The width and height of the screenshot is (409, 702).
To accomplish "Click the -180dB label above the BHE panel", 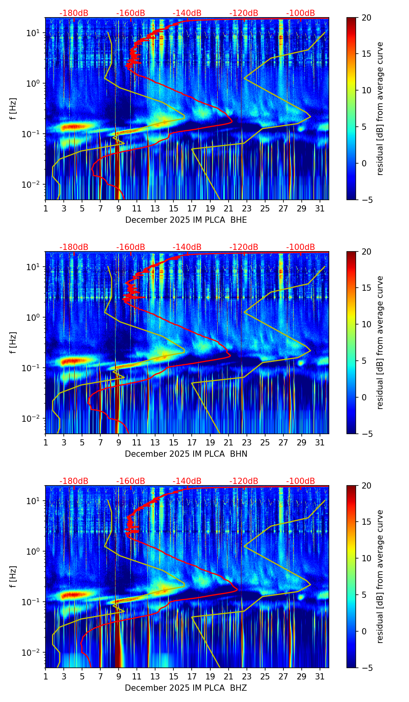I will (x=74, y=13).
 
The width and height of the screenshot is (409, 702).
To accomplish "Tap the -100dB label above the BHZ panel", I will (x=301, y=481).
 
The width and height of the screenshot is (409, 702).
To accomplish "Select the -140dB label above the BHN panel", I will (x=187, y=247).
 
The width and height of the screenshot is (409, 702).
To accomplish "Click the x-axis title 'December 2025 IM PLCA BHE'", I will (x=186, y=220).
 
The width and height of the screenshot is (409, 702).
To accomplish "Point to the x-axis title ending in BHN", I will (x=186, y=454).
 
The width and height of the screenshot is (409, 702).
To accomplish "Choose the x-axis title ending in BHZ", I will (x=186, y=688).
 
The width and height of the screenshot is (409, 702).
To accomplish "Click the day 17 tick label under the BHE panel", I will (x=192, y=208).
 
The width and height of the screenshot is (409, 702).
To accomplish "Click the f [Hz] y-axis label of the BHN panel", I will (x=13, y=342).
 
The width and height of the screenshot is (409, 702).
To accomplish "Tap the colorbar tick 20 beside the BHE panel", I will (x=366, y=17).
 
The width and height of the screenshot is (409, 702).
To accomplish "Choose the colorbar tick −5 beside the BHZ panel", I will (x=366, y=668).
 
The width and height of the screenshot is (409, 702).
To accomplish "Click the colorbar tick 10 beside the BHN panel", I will (x=366, y=324).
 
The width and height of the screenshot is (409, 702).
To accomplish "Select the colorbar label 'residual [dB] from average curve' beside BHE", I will (x=380, y=108).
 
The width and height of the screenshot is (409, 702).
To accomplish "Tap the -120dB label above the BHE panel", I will (x=244, y=13).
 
